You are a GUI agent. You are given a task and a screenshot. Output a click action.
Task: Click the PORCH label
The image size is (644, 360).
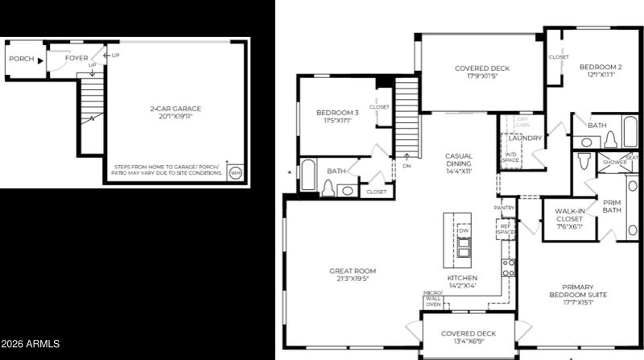[20, 59]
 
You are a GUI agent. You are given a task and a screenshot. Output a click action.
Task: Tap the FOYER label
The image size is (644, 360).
[76, 58]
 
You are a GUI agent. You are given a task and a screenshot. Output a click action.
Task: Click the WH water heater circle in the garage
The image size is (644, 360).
[236, 172]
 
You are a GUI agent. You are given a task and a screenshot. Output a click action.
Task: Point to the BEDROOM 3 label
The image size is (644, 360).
[337, 111]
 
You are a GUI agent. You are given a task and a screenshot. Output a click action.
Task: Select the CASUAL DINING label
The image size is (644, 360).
[459, 160]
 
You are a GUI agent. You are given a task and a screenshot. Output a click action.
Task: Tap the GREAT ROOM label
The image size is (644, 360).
[353, 271]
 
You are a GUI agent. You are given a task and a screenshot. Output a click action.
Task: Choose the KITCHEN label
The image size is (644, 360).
[463, 278]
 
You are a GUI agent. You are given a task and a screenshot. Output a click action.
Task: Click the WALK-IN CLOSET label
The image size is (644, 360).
[570, 216]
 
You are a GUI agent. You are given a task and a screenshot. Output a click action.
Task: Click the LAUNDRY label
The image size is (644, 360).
[525, 139]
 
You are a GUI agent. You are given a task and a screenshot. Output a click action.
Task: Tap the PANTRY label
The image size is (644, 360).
[505, 208]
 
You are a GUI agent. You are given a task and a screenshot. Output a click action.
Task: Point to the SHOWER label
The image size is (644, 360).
[615, 162]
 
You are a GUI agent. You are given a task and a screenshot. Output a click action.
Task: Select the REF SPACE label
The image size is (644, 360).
[505, 229]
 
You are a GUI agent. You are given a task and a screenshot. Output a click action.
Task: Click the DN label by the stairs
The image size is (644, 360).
[407, 167]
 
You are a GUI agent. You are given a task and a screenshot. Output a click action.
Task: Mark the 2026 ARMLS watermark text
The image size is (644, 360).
[31, 344]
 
